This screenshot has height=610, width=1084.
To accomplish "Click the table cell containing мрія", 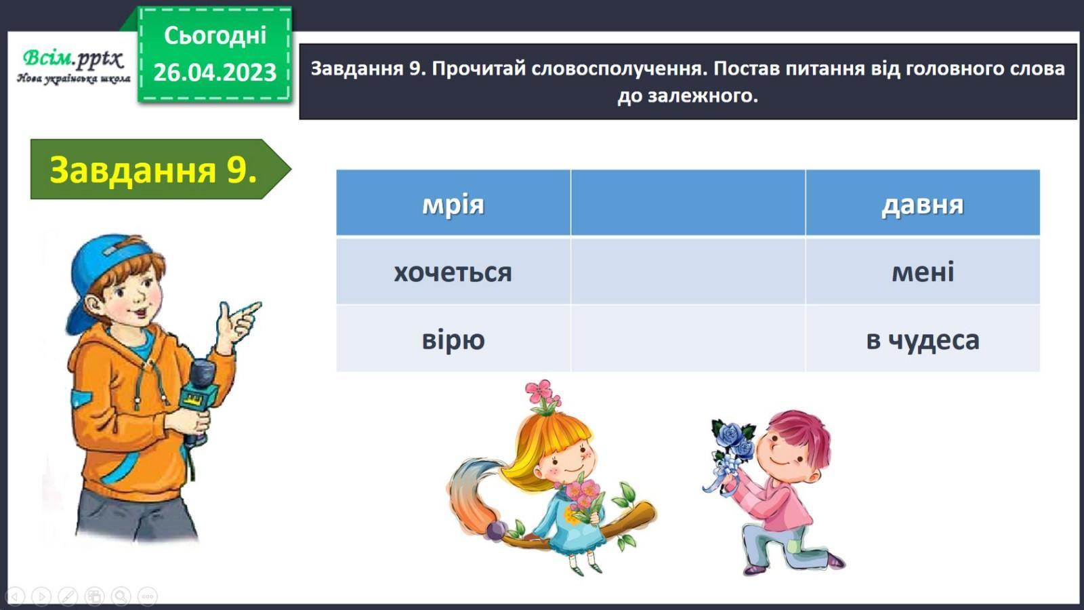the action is coord(453,203).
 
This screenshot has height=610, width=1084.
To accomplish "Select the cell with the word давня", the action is coord(922,203).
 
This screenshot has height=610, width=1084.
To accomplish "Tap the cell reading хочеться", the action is coord(453,270).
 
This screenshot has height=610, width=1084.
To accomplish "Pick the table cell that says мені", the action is coord(922,270).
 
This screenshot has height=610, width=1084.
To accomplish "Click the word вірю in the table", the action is coord(453,339).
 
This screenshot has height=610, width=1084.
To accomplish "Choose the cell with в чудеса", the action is coord(922,338).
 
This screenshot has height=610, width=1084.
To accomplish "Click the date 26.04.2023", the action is coord(214,72).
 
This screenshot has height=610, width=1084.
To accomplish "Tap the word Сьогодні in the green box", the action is coord(215,35).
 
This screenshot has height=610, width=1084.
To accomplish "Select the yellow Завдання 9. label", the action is coord(153,169).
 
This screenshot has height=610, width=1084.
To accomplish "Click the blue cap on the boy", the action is coord(106,277).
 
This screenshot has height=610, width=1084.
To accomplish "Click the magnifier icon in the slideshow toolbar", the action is coord(121,596).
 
